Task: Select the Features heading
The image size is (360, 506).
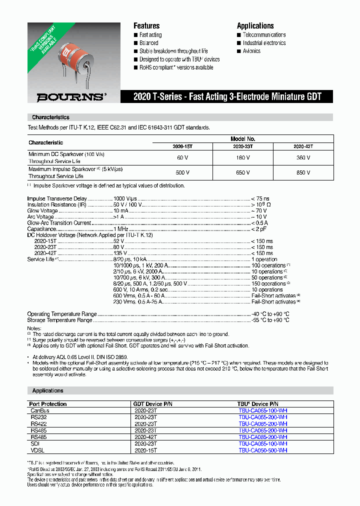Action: (146, 26)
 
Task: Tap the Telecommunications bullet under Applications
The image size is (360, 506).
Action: (264, 35)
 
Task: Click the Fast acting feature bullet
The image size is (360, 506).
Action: (150, 35)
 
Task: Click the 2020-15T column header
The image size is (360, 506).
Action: (183, 146)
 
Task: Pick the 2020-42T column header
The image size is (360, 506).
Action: (302, 146)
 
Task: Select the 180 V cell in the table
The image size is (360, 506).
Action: (243, 158)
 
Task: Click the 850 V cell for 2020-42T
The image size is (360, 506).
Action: (302, 172)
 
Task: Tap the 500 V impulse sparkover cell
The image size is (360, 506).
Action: (183, 172)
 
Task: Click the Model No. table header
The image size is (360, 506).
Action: (243, 139)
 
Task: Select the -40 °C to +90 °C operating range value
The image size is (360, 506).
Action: (270, 314)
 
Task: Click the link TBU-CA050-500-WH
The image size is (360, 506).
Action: (263, 450)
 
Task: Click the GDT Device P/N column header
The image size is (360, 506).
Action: (153, 403)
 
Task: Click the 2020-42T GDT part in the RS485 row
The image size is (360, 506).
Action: (145, 436)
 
